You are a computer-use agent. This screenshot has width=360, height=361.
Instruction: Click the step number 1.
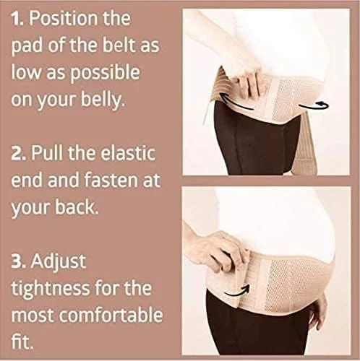coord(17,18)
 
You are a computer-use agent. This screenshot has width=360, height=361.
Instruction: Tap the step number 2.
coord(19,154)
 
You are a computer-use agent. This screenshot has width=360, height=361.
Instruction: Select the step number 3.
coord(19,261)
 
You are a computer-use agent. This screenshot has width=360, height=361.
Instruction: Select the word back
coord(77,206)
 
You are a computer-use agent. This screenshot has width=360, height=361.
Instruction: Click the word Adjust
coord(58,262)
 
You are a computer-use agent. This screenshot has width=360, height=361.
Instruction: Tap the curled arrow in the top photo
coord(313,105)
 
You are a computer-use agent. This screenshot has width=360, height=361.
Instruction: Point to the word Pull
coord(48,153)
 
